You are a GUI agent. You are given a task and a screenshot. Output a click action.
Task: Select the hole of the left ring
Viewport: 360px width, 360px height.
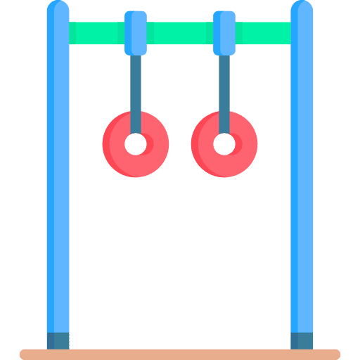tap(136, 144)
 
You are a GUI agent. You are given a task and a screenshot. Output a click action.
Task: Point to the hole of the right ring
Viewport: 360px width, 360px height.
tap(224, 144)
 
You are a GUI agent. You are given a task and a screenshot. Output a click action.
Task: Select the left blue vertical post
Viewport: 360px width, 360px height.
tap(58, 176)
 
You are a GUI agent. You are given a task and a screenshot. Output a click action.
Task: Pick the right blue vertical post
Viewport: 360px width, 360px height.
tap(302, 176)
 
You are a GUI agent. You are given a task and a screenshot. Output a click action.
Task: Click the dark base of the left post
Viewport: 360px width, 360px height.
tap(58, 340)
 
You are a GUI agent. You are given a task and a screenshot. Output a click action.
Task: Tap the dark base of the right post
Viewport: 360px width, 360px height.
tap(302, 340)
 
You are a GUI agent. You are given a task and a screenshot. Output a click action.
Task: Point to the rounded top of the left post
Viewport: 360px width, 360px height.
tap(58, 8)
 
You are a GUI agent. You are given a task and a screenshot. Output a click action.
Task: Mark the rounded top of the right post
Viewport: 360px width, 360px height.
tap(302, 8)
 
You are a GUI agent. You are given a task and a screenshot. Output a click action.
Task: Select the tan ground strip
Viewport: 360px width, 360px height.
tap(180, 354)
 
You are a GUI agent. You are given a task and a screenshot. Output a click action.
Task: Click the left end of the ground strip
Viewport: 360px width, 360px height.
tap(25, 354)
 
